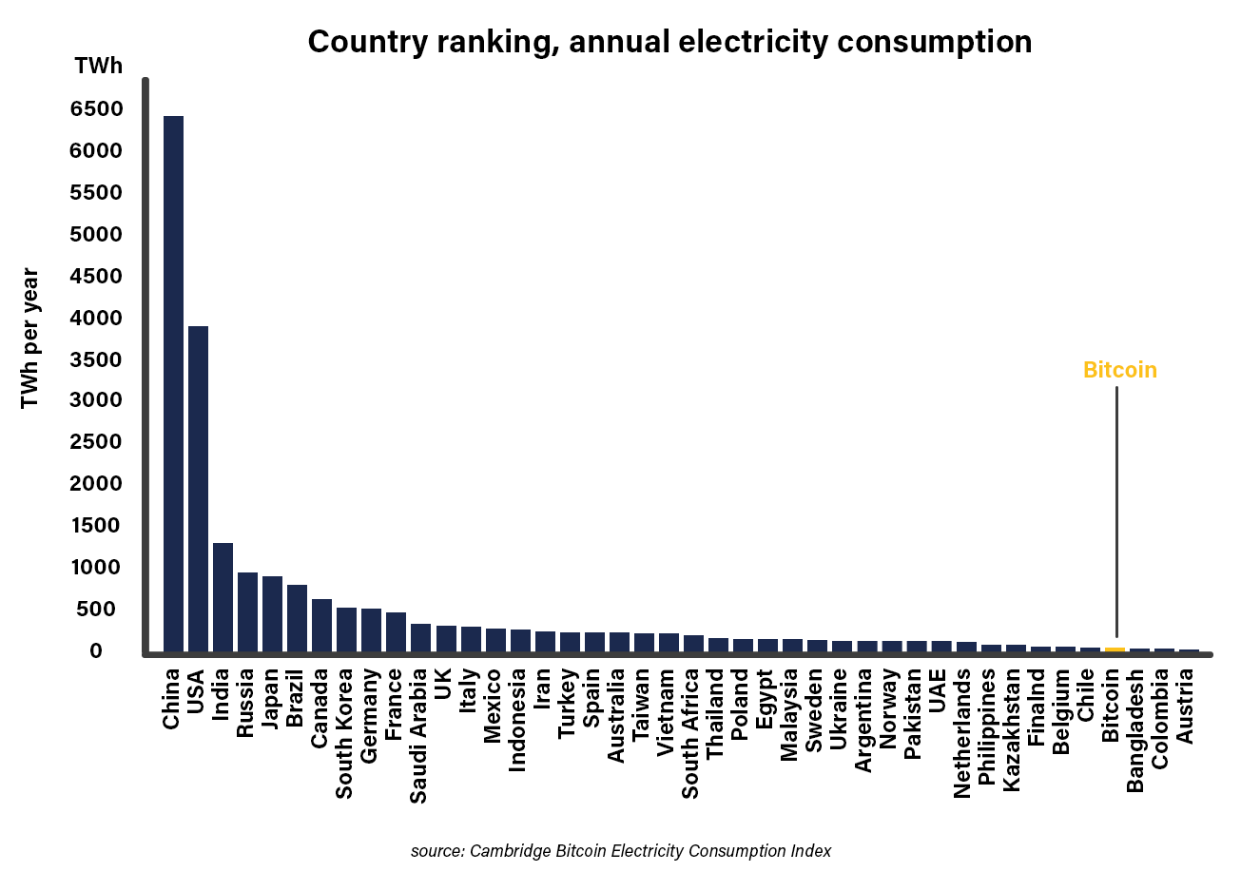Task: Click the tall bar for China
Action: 173,380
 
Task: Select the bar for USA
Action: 198,489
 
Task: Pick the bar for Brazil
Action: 297,618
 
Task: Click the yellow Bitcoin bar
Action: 1115,649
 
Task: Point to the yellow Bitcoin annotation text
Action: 1119,371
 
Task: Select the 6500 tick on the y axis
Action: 97,109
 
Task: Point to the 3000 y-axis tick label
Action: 97,400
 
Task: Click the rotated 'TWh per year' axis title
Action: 30,339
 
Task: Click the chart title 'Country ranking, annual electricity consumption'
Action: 669,42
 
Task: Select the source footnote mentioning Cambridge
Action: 620,850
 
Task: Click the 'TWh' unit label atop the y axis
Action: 97,67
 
